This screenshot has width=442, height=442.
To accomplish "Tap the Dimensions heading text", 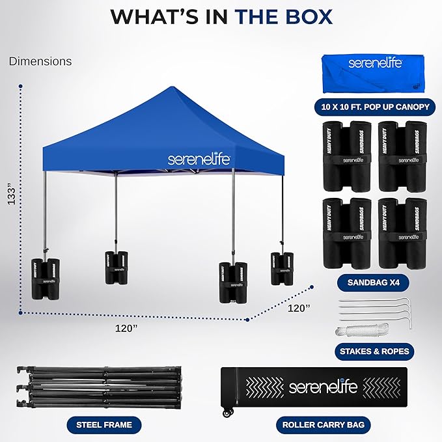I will (x=40, y=62).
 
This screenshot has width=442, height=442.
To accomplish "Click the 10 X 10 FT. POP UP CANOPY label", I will (x=374, y=106).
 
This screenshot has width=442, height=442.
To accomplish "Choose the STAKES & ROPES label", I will (x=374, y=352).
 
